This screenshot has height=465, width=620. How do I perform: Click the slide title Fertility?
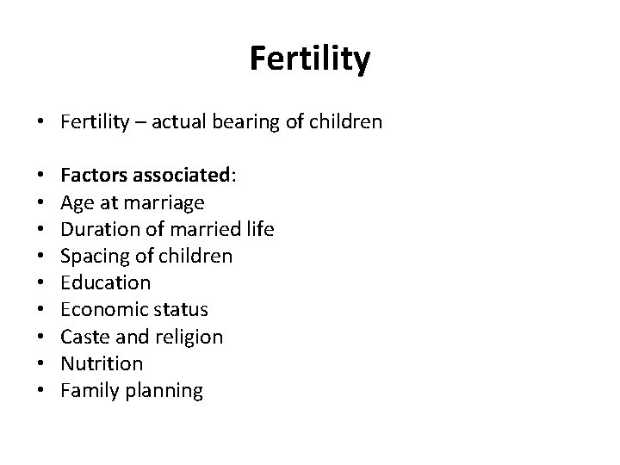pyautogui.click(x=310, y=59)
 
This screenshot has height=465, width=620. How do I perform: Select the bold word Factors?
pyautogui.click(x=92, y=177)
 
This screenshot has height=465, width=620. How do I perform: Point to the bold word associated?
pyautogui.click(x=182, y=177)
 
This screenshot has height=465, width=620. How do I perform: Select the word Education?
pyautogui.click(x=106, y=283)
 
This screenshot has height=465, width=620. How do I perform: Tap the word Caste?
pyautogui.click(x=84, y=337)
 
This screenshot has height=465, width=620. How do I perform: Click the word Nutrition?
pyautogui.click(x=102, y=363)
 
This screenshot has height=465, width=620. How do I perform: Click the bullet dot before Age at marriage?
pyautogui.click(x=42, y=204)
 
